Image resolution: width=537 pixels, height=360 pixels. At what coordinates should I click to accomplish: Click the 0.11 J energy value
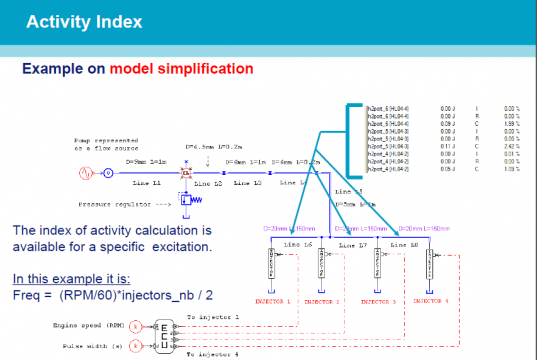(x=447, y=145)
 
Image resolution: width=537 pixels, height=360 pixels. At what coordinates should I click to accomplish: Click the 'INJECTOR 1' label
(x=273, y=299)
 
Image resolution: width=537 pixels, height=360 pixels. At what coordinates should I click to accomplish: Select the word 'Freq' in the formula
(x=29, y=295)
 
